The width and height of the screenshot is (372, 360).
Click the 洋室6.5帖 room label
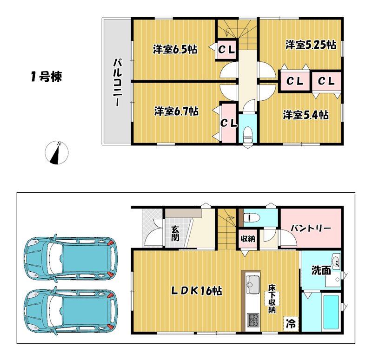[175, 49]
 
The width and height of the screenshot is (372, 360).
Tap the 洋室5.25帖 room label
[311, 45]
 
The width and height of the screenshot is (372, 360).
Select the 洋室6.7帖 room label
[176, 111]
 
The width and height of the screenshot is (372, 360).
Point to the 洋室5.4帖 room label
[306, 115]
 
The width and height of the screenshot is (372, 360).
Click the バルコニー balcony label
[117, 83]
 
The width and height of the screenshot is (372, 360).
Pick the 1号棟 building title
[46, 77]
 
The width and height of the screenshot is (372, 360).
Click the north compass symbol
[57, 153]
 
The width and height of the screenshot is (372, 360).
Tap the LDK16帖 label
[197, 291]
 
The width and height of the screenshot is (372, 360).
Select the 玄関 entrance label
[175, 234]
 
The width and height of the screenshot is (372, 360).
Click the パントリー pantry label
[311, 228]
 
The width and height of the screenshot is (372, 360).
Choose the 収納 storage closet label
[248, 239]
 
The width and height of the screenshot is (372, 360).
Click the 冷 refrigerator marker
[291, 323]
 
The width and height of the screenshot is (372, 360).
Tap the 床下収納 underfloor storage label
[272, 299]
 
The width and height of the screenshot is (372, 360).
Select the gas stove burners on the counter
[253, 320]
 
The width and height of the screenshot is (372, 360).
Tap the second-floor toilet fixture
[248, 134]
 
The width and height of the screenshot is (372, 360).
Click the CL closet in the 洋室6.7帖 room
[229, 123]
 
